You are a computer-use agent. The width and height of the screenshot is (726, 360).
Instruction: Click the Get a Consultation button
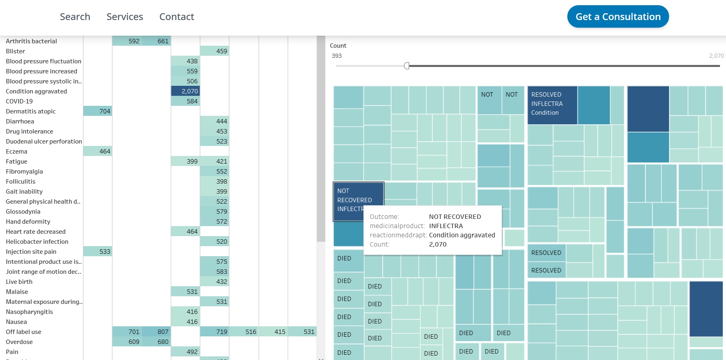tap(618, 17)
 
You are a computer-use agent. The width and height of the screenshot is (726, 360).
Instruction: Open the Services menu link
tap(125, 17)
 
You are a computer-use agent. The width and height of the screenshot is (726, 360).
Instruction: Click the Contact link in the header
tap(176, 17)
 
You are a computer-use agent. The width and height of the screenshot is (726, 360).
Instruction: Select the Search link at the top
tap(75, 17)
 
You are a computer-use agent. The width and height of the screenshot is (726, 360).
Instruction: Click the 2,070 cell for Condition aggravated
tap(185, 91)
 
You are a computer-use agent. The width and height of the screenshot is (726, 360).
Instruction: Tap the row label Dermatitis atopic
tap(31, 111)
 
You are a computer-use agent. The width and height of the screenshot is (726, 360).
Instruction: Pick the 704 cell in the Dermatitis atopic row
tap(98, 111)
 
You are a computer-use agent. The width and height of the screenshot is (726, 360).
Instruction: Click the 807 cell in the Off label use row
tap(157, 332)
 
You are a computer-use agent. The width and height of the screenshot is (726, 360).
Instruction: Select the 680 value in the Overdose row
tap(157, 342)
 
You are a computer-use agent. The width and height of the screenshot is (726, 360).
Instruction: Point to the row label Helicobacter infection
tap(37, 241)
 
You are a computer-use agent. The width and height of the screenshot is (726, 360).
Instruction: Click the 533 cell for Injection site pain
tap(98, 251)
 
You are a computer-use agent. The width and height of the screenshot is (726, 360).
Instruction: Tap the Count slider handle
tap(407, 66)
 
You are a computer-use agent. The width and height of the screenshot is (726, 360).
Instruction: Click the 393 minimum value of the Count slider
tap(337, 56)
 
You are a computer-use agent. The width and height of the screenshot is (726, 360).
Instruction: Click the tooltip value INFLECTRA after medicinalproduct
tap(446, 226)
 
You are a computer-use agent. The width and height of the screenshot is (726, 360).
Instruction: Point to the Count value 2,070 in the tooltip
tap(438, 244)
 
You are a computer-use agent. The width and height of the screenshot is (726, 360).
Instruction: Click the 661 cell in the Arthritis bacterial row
tap(157, 41)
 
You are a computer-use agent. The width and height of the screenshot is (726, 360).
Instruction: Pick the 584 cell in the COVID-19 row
tap(185, 101)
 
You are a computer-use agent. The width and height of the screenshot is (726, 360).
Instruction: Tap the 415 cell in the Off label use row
tap(273, 332)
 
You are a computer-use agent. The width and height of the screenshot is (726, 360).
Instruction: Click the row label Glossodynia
tap(23, 211)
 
